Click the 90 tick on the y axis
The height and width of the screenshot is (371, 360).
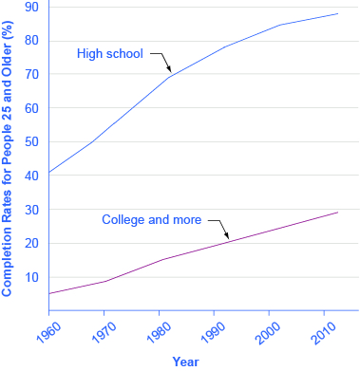[x=32, y=7]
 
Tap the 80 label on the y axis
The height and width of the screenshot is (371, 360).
[x=32, y=41]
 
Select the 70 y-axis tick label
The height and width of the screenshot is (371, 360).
[x=32, y=74]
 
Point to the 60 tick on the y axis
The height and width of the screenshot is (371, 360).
[x=32, y=108]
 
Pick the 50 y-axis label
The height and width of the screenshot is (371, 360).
[x=32, y=142]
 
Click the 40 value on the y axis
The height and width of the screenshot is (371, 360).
[x=32, y=176]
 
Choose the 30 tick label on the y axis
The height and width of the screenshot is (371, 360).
[x=32, y=210]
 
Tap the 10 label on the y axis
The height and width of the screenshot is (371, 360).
[x=32, y=277]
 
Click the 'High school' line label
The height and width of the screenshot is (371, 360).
[x=109, y=53]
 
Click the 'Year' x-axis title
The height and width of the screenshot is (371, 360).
[x=186, y=362]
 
